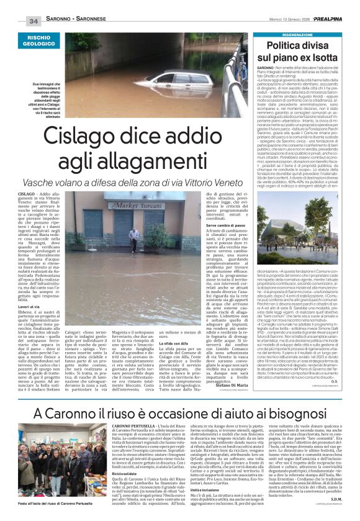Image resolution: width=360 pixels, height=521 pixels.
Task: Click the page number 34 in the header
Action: coord(32,20)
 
